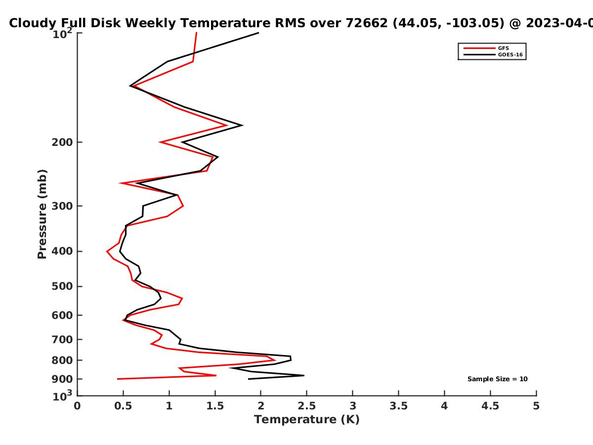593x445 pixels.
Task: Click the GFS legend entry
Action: (x=486, y=48)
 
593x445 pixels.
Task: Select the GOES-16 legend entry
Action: (x=493, y=54)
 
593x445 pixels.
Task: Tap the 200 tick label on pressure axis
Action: (x=62, y=142)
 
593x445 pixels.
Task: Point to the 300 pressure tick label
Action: (x=62, y=206)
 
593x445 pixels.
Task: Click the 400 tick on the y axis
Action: (x=62, y=252)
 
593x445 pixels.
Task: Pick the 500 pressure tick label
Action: (x=62, y=286)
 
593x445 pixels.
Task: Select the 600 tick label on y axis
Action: (x=62, y=315)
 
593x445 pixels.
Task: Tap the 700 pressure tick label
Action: (x=62, y=340)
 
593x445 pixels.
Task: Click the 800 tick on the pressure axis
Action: (x=62, y=360)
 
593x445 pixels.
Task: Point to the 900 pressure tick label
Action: (x=62, y=379)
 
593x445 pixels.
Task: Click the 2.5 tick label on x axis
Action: (x=307, y=406)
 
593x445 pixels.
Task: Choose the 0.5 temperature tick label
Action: (x=123, y=406)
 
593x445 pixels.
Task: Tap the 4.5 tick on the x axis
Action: (x=490, y=406)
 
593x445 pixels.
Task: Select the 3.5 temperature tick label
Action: (x=398, y=406)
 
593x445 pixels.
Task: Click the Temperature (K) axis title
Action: (x=307, y=420)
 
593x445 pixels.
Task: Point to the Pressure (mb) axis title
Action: (x=42, y=214)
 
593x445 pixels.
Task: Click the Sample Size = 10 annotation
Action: (x=497, y=379)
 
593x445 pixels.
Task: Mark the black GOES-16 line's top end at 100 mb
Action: (x=258, y=33)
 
